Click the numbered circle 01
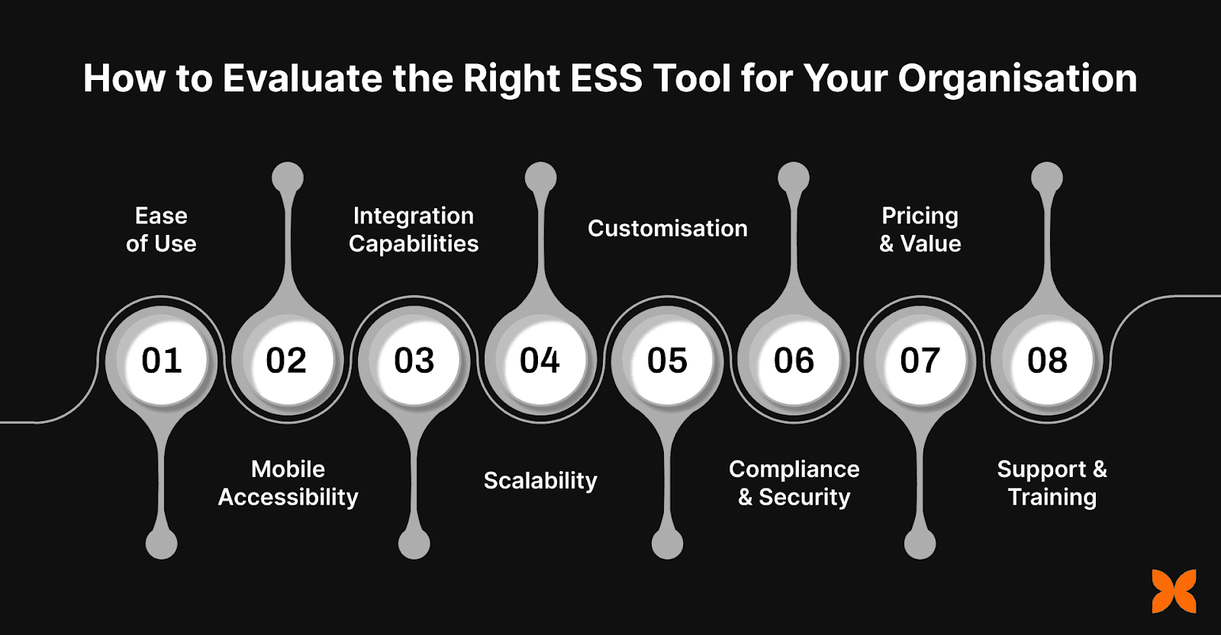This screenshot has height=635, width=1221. pos(162,360)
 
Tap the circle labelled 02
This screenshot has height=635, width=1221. pos(287,360)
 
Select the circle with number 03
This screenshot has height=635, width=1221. pos(414,360)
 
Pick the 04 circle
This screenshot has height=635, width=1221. pos(540,360)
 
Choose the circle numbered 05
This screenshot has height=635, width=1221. pos(667,360)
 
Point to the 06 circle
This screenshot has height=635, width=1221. pos(794,360)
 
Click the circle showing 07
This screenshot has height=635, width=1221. pos(920,360)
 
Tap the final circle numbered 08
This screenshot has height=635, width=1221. pos(1047,360)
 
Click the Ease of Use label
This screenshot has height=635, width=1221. pos(161,229)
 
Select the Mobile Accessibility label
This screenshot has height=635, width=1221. pos(288,483)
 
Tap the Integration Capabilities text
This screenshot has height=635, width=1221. pos(414,229)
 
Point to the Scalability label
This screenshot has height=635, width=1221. pos(540,481)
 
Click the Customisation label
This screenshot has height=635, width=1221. pos(667,228)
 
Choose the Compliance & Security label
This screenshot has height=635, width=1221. pos(794,483)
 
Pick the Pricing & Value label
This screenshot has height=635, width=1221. pos(920,229)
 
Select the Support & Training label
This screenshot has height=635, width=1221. pos(1052,483)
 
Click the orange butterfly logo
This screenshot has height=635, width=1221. pos(1174,591)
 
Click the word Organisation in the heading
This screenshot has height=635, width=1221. pos(1017,79)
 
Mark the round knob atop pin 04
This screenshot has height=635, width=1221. pos(541,178)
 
